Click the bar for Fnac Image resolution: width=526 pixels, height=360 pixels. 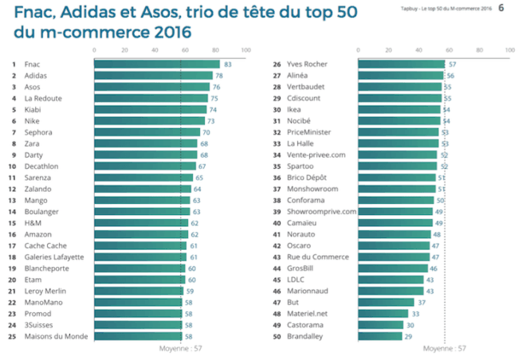click(156, 64)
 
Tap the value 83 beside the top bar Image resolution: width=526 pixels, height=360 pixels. click(228, 64)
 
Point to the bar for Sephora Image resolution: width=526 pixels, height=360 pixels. click(147, 131)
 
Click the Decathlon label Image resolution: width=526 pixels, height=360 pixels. click(42, 166)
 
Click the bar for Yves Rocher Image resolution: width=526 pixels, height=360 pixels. click(402, 64)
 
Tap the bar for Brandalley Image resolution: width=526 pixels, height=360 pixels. click(381, 336)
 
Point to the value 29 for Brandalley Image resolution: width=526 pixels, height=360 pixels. click(410, 336)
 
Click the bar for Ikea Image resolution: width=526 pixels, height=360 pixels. click(399, 109)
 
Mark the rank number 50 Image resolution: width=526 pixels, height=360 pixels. click(277, 336)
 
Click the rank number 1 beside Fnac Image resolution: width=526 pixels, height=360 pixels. click(14, 64)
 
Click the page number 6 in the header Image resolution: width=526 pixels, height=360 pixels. click(500, 8)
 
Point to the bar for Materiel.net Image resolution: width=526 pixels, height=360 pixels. click(383, 314)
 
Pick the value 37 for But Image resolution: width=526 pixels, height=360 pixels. click(422, 303)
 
